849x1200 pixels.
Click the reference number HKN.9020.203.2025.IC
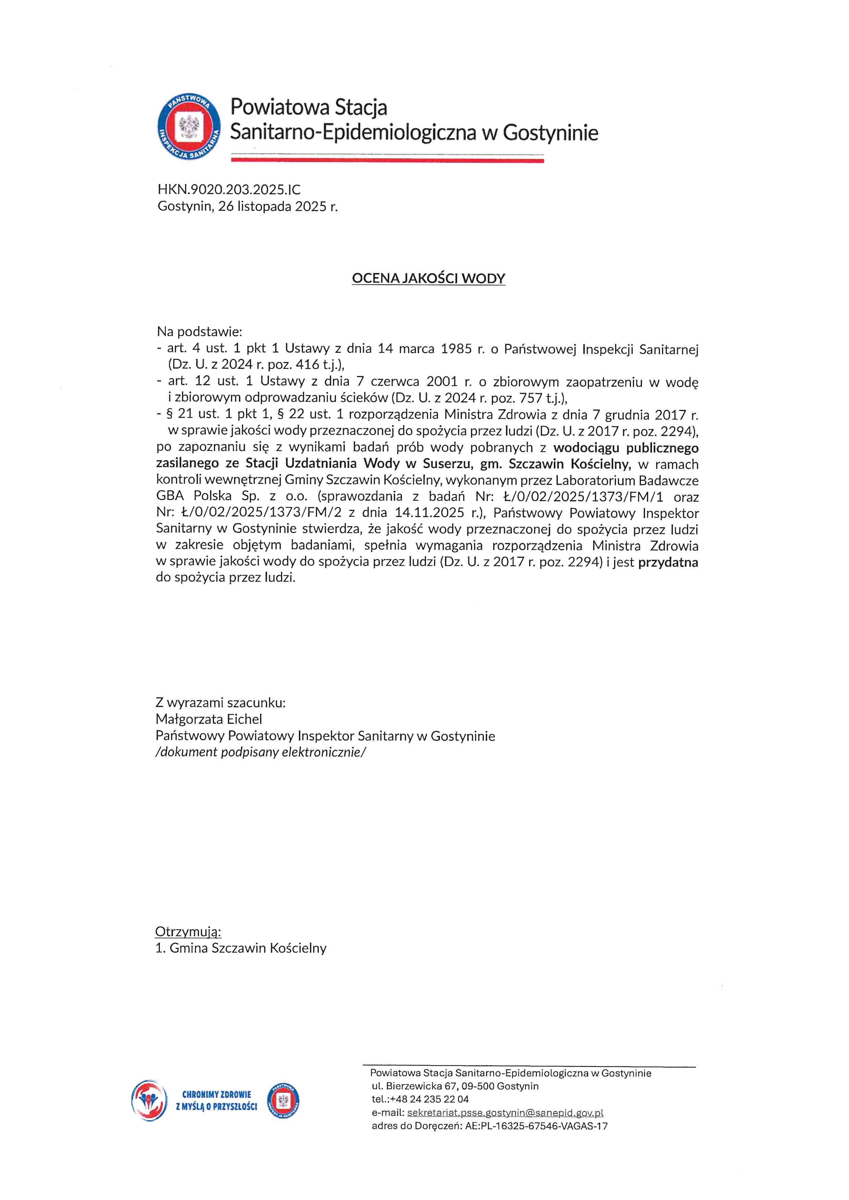pos(229,190)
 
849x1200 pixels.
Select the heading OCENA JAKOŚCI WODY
pos(428,278)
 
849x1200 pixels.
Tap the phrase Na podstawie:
pos(199,331)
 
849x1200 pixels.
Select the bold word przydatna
pos(668,563)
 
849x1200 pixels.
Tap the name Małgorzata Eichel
pos(208,719)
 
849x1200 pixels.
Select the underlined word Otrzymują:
pos(188,931)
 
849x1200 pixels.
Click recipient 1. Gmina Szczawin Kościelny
pos(241,948)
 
